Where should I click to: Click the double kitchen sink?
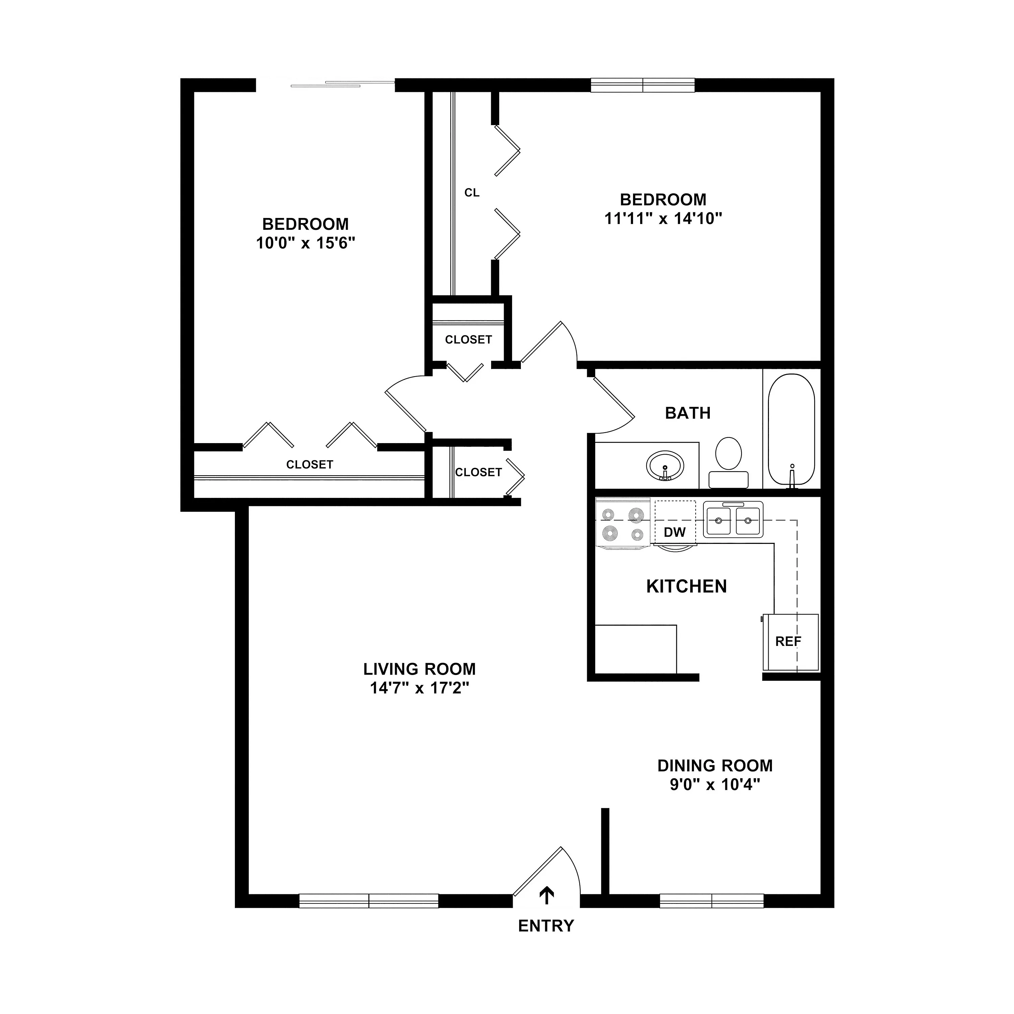733,520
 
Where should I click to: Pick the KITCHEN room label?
686,586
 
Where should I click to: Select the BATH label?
687,413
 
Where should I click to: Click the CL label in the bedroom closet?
472,193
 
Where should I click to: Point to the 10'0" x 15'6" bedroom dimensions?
306,243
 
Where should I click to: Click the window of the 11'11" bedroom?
643,85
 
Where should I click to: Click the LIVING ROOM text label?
419,669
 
